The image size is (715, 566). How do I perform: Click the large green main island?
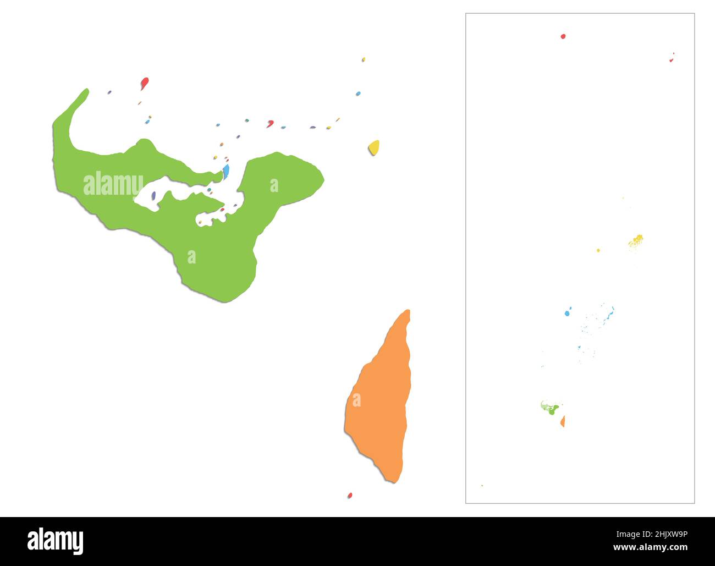[220, 242]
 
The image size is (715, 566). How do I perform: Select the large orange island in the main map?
[380, 407]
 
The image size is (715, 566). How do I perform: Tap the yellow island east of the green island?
[374, 147]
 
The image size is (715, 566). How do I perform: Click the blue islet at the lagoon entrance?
[226, 172]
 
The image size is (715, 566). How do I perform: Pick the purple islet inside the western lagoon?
[153, 195]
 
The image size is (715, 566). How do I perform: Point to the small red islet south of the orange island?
[350, 496]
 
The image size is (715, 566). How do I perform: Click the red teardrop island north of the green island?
[144, 83]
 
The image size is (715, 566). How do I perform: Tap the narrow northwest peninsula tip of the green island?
[85, 91]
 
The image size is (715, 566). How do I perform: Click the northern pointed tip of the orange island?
[408, 312]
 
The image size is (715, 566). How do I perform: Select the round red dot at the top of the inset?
[563, 36]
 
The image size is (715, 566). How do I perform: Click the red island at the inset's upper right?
[672, 58]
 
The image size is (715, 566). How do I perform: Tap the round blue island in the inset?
[567, 314]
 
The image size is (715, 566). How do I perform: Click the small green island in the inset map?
[551, 409]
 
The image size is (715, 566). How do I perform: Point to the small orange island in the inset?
[563, 421]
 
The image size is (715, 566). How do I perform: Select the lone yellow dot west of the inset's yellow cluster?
[598, 250]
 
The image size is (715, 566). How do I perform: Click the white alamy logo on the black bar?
[55, 541]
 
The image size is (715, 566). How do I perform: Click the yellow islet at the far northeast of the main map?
[364, 59]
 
